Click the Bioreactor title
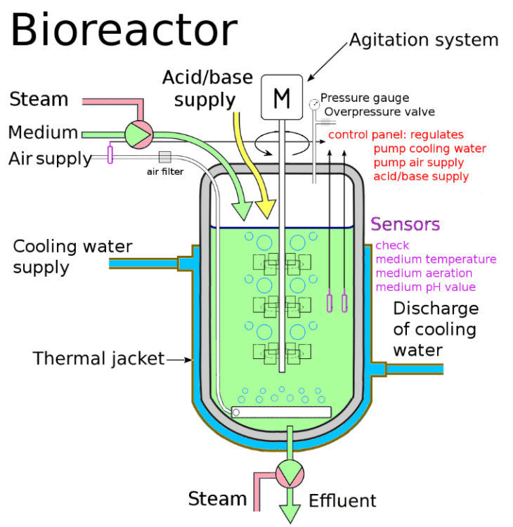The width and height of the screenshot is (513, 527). pyautogui.click(x=124, y=31)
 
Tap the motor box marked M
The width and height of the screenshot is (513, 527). pyautogui.click(x=281, y=98)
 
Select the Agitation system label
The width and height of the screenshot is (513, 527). pyautogui.click(x=424, y=40)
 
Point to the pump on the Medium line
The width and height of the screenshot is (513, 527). pyautogui.click(x=138, y=133)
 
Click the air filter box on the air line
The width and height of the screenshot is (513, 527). pyautogui.click(x=165, y=157)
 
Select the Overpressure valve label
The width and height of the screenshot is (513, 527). pyautogui.click(x=379, y=112)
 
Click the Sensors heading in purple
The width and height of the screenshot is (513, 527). pyautogui.click(x=405, y=225)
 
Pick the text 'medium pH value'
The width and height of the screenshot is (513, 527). pyautogui.click(x=426, y=287)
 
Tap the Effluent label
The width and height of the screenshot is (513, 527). pyautogui.click(x=342, y=501)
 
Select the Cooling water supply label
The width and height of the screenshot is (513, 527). pyautogui.click(x=72, y=257)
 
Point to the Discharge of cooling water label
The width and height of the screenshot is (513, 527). pyautogui.click(x=436, y=329)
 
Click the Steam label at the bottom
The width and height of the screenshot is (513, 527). pyautogui.click(x=217, y=500)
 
